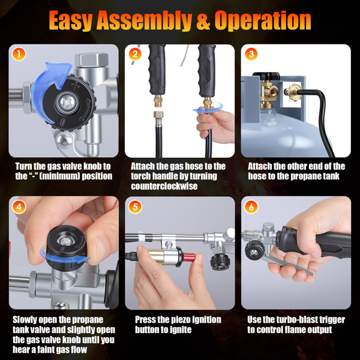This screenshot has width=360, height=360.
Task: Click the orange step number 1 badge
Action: click(19, 54)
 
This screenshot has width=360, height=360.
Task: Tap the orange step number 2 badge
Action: click(135, 54)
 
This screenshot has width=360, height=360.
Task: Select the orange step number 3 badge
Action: click(251, 54)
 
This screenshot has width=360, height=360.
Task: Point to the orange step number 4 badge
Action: click(19, 207)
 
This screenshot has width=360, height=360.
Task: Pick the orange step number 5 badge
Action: click(135, 207)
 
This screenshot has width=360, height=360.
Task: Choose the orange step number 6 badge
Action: click(251, 207)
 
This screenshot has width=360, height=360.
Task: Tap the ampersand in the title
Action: click(203, 20)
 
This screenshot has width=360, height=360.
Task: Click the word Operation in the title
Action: click(263, 20)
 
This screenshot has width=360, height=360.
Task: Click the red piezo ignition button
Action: click(189, 257)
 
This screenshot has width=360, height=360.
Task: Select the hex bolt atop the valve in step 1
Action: click(91, 60)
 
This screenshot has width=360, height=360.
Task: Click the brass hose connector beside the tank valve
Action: click(292, 91)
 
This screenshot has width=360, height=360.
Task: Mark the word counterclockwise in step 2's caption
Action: click(164, 186)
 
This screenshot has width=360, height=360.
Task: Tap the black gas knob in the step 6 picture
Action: click(254, 251)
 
